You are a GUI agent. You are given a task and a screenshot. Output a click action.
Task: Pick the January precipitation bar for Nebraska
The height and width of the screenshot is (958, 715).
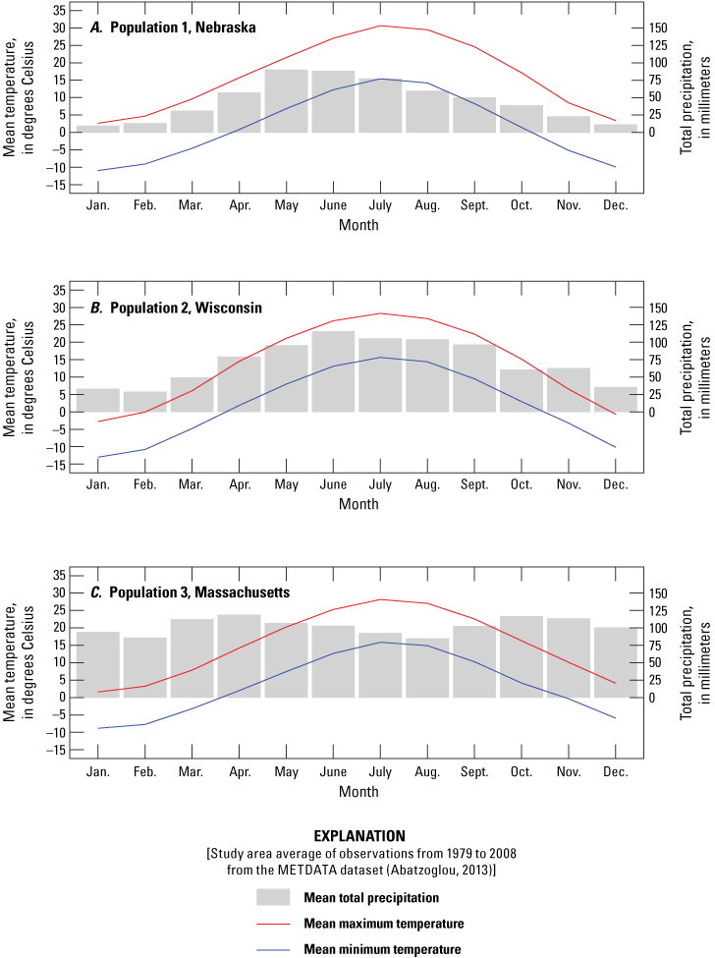coord(97,129)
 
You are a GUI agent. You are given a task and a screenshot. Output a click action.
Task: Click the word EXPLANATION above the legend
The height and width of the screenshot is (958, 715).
coord(356,836)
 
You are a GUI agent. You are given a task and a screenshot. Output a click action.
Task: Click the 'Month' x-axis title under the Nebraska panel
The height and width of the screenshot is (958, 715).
coord(357,225)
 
